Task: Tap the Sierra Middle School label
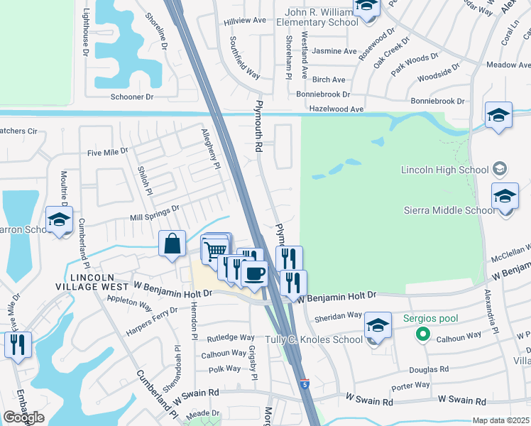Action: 449,210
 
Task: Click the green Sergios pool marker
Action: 424,333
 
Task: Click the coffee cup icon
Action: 254,273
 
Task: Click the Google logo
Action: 23,417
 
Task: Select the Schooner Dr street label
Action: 131,97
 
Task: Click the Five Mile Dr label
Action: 107,151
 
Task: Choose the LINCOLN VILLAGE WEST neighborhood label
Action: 99,280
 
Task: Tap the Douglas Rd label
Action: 429,369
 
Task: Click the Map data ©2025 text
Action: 500,420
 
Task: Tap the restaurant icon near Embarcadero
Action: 17,344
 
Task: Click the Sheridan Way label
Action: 341,315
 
